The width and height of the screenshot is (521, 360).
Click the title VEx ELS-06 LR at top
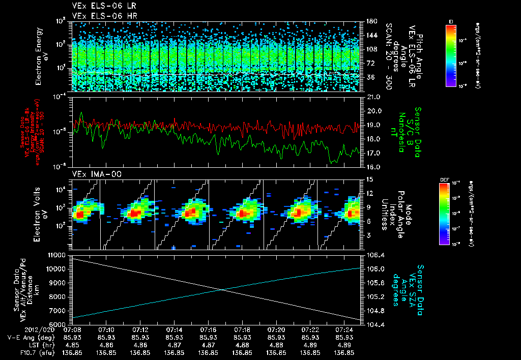click(99, 6)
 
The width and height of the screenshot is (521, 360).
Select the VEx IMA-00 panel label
click(92, 174)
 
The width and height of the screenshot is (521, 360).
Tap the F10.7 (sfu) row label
click(36, 351)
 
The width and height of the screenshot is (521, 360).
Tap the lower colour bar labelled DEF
click(444, 213)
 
